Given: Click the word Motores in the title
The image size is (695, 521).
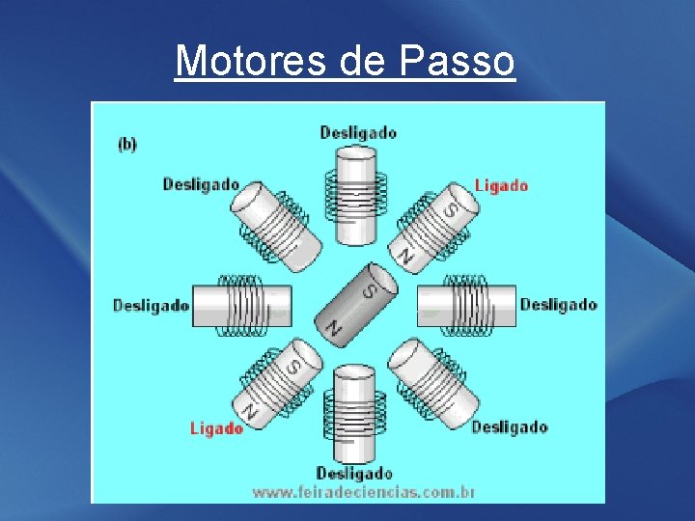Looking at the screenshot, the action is pos(253,61).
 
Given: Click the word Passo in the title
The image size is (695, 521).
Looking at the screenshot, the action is pos(456,61).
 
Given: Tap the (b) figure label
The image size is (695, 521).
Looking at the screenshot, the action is pos(126,145).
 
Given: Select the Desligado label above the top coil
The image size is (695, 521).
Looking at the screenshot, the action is pos(357,132).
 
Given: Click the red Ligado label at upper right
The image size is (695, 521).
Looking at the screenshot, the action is pos(501,185).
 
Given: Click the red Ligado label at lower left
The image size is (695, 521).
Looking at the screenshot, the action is pos(216,428).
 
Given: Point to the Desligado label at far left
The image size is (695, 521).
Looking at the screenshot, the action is pos(151,306).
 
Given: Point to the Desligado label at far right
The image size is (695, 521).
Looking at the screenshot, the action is pos(558,305).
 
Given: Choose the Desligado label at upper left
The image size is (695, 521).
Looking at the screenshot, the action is pos(201,184).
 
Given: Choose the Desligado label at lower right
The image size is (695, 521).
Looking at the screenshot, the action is pos(510,427).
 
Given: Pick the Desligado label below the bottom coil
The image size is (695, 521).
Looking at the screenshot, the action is pos(353,473).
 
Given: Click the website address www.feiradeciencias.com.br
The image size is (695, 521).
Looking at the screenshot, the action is pos(363,492).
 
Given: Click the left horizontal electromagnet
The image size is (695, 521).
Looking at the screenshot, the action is pos(241,306).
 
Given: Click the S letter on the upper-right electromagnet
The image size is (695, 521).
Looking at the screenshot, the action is pos(450,208).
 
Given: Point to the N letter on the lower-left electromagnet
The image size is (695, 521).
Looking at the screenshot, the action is pos(251,411).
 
